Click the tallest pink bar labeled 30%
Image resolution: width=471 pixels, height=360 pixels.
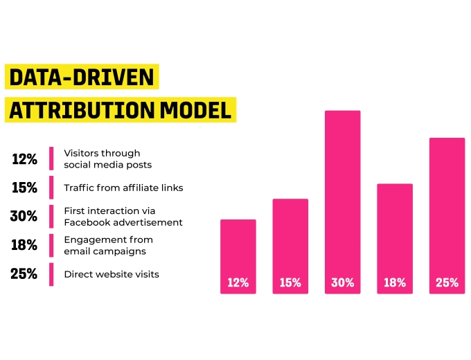pos(342,202)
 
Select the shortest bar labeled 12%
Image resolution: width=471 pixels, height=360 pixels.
pos(238,256)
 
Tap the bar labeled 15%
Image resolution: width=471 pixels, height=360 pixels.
pos(290,246)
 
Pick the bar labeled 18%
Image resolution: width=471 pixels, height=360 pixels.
pos(395,239)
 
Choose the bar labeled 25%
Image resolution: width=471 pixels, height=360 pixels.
pos(447,215)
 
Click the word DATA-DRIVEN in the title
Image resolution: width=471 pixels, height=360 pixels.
pos(82,77)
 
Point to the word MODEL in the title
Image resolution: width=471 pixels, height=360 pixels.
pos(195,110)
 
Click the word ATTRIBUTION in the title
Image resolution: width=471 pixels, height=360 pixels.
pos(82,110)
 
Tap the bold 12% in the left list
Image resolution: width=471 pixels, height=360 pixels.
pos(25,159)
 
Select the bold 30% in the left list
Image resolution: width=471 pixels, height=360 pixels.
pos(24,216)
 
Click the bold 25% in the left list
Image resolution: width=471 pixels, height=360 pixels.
pos(24,274)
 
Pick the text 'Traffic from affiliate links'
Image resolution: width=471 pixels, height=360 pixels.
pos(123,188)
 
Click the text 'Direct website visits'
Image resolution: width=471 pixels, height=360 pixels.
pos(112,274)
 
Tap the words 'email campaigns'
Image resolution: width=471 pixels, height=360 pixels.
pos(105,251)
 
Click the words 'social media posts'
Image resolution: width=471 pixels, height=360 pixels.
pos(108,165)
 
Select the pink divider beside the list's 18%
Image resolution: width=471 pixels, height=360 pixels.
pos(51,245)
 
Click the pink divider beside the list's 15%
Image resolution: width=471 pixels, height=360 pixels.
pos(51,188)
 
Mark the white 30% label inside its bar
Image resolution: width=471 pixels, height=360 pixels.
pos(342,282)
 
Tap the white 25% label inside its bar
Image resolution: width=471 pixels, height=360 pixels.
pos(447,282)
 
